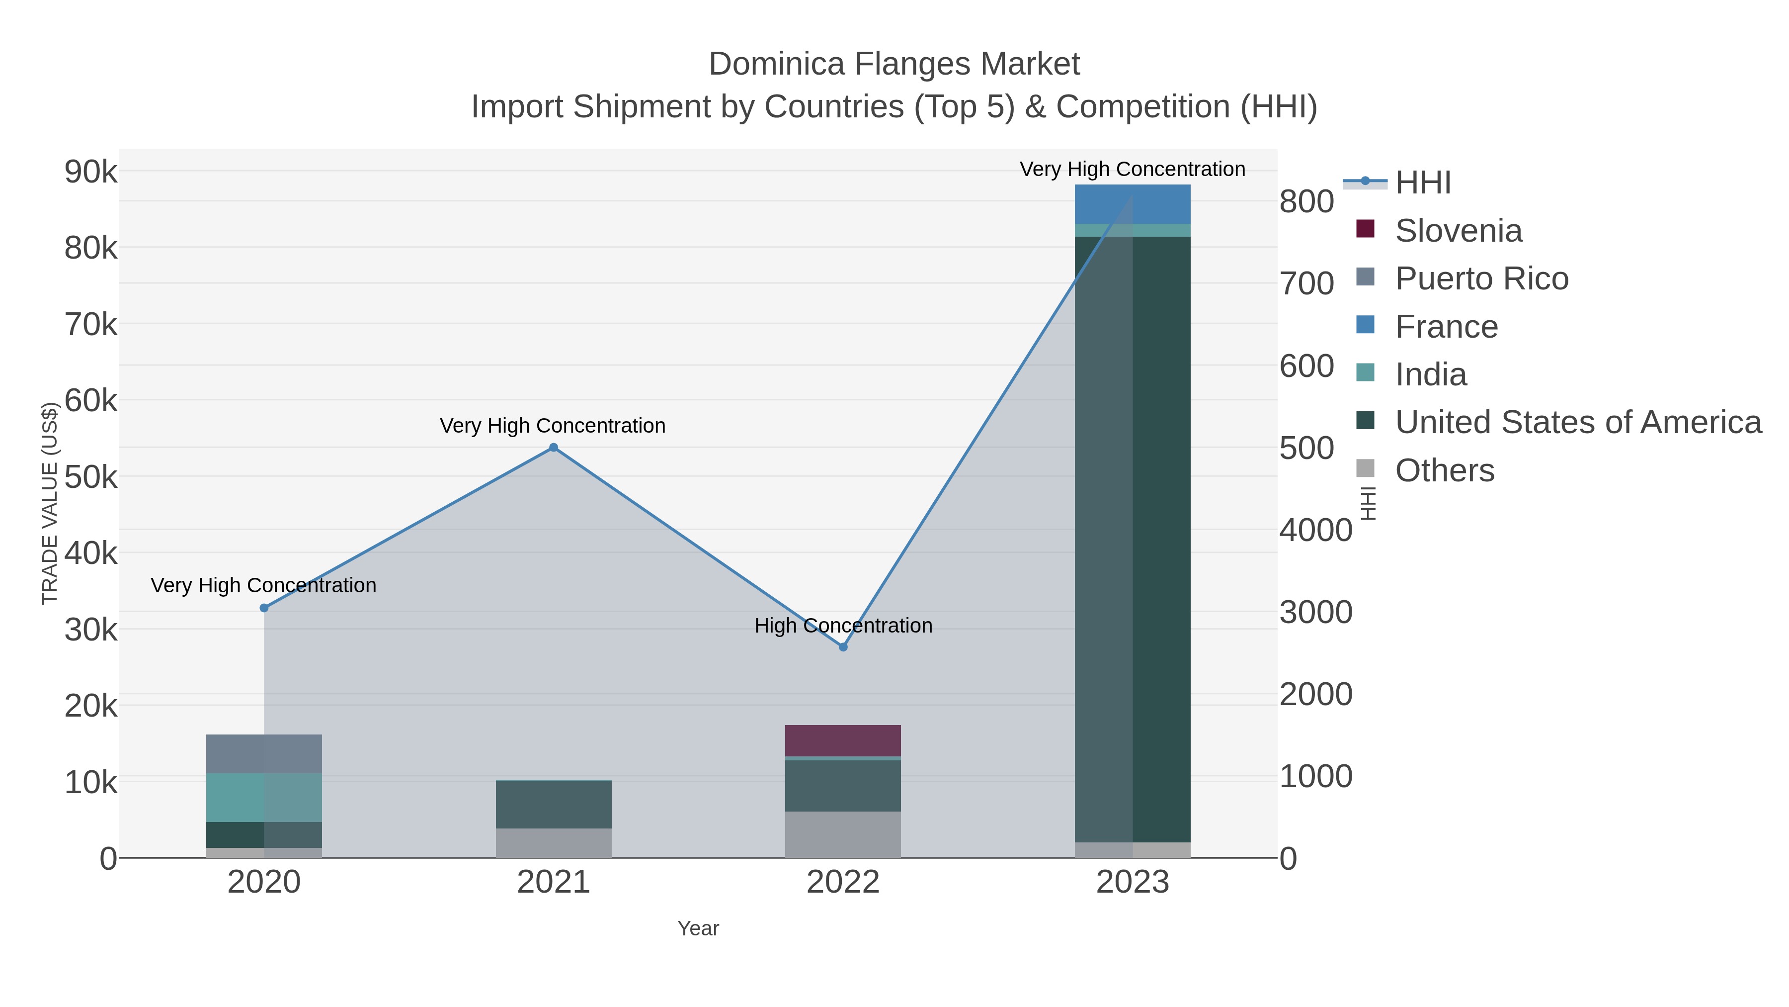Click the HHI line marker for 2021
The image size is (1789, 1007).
point(554,448)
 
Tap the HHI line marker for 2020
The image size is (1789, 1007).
point(264,608)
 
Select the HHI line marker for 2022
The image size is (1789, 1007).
point(843,647)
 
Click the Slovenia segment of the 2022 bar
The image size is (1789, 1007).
point(843,741)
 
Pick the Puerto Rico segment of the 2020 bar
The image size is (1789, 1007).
point(264,754)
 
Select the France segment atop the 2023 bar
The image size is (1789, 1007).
point(1133,204)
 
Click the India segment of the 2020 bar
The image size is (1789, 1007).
point(264,798)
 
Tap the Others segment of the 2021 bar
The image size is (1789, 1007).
point(554,843)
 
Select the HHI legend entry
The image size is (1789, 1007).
point(1422,183)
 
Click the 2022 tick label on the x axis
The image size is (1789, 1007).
point(843,883)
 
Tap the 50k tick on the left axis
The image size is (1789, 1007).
point(91,477)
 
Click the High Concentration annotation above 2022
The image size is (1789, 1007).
point(843,626)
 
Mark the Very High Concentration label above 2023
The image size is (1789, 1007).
point(1132,170)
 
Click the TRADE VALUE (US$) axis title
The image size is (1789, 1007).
point(50,503)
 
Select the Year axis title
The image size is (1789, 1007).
point(698,928)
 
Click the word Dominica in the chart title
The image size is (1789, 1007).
point(776,65)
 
